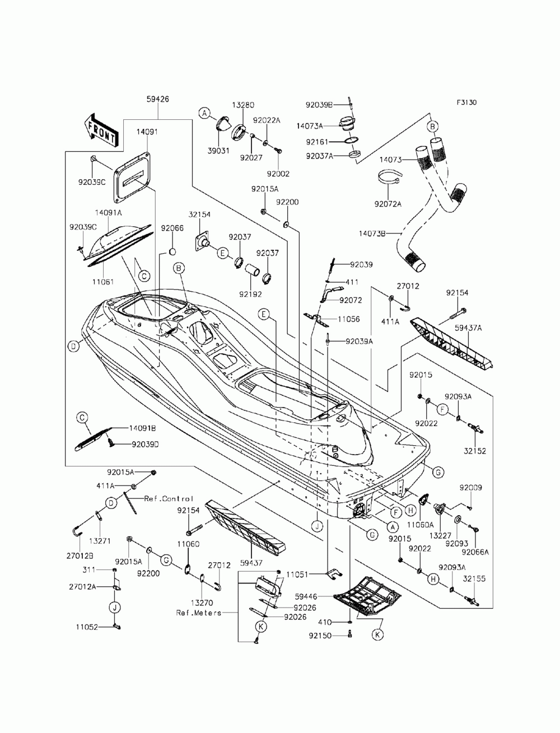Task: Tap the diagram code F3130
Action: (x=466, y=102)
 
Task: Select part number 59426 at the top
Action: (x=157, y=99)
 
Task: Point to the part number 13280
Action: (x=243, y=105)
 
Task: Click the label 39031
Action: (x=218, y=151)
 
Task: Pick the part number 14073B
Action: (x=372, y=233)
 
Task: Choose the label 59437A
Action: (x=468, y=328)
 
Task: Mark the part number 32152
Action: (x=474, y=451)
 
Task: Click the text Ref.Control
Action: (x=169, y=498)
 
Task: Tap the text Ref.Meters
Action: (x=199, y=613)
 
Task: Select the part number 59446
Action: (x=306, y=596)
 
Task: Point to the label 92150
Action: (x=320, y=636)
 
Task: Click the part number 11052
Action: (x=87, y=627)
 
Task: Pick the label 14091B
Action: (x=142, y=428)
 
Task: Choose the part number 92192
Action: (x=250, y=295)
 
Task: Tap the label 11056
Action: (x=349, y=319)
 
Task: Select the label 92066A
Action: (x=475, y=552)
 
